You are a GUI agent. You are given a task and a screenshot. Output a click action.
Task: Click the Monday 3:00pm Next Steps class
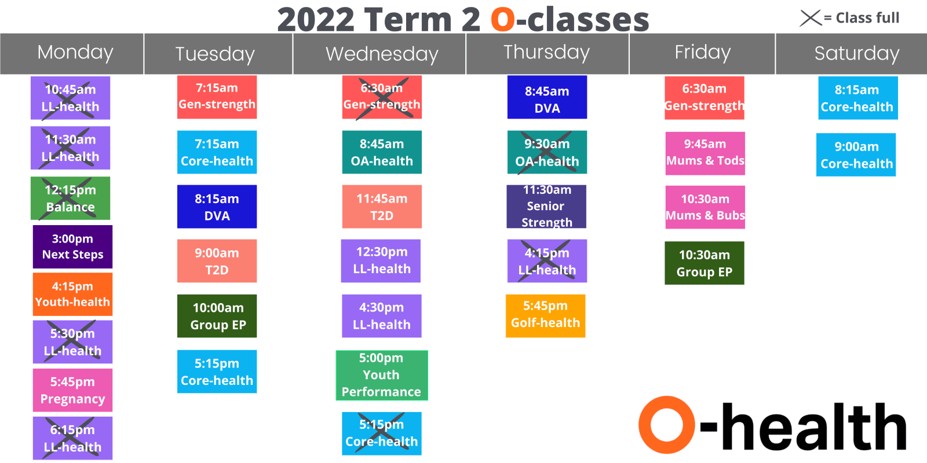[72, 247]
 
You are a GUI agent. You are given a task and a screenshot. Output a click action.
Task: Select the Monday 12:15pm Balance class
[70, 198]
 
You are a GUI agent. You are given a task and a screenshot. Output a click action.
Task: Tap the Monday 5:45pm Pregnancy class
[72, 390]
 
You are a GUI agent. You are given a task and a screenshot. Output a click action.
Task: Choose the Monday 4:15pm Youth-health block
[72, 294]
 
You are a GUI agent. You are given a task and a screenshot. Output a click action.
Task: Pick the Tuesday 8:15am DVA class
[217, 207]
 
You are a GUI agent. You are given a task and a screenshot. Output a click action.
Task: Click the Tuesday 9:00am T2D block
[217, 261]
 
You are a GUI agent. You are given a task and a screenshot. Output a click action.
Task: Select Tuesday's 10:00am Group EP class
[217, 316]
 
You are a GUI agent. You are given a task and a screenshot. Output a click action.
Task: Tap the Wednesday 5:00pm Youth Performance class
[382, 375]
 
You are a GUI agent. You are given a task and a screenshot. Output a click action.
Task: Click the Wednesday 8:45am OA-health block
[382, 152]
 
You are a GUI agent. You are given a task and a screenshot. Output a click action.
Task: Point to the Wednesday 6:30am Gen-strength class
[382, 97]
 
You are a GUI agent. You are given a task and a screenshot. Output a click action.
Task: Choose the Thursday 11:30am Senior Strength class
[546, 206]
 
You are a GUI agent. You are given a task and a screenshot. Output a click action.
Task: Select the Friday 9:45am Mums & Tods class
[705, 153]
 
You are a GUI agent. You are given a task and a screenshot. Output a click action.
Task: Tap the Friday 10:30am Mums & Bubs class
[705, 207]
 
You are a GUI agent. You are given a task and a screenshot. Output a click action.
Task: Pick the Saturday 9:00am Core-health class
[856, 155]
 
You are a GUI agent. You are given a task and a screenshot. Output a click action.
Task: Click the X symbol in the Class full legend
[811, 18]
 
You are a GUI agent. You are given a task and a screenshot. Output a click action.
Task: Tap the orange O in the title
[503, 20]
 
